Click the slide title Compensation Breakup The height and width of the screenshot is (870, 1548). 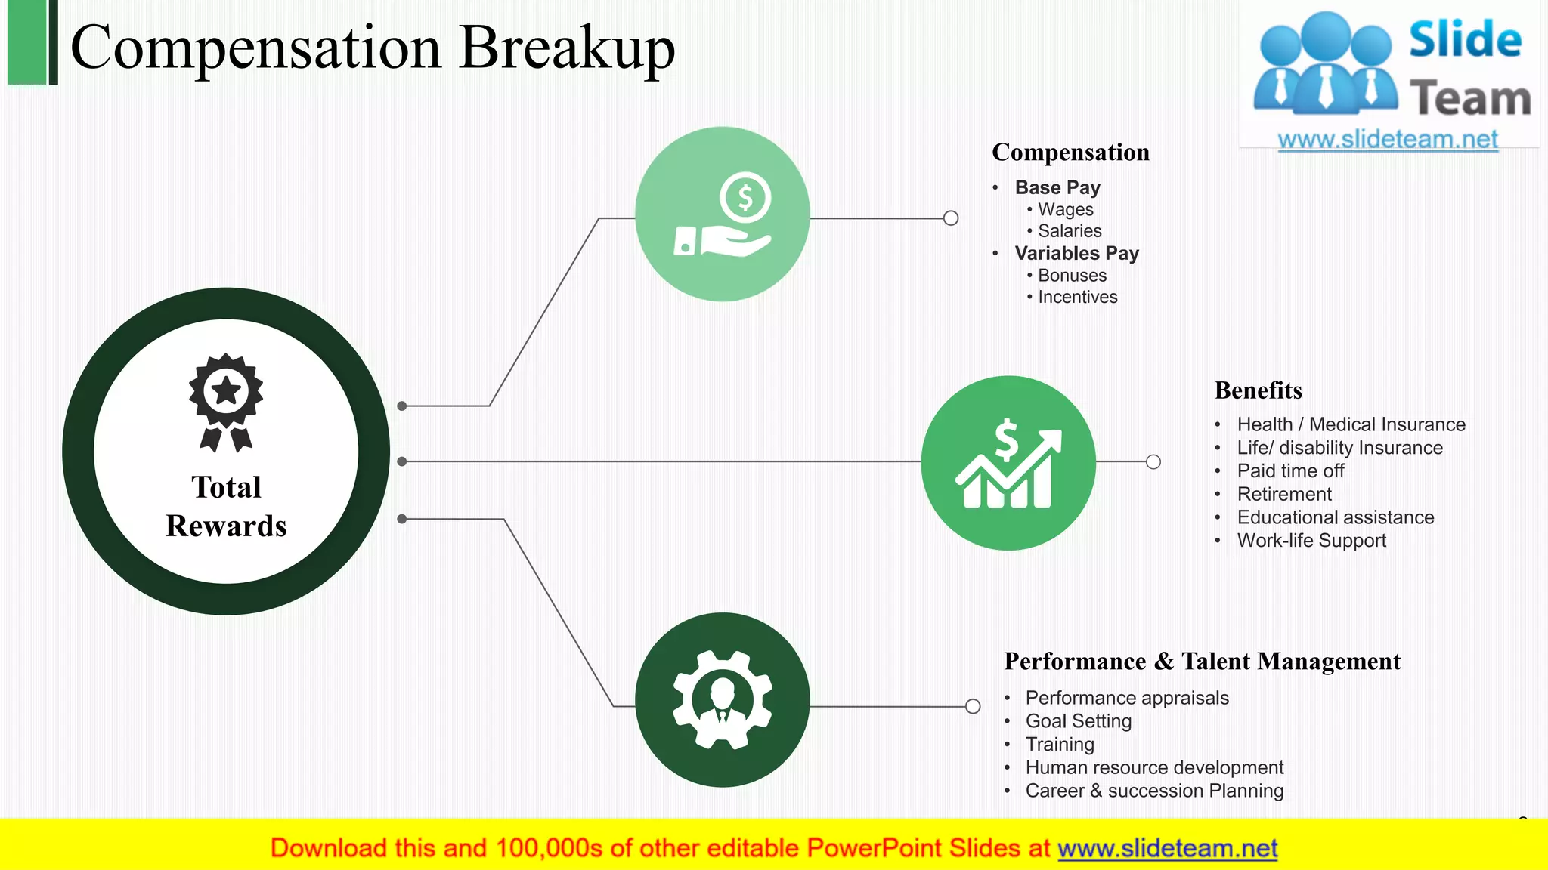pyautogui.click(x=372, y=47)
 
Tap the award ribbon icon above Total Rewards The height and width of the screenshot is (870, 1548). pyautogui.click(x=226, y=401)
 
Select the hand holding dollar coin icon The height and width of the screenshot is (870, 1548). pyautogui.click(x=723, y=215)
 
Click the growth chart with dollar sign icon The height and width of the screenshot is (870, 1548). pyautogui.click(x=1008, y=463)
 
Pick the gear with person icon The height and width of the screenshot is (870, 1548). pyautogui.click(x=723, y=700)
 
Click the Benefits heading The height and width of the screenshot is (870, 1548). pyautogui.click(x=1258, y=390)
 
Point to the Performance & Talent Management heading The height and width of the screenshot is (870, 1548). pyautogui.click(x=1202, y=662)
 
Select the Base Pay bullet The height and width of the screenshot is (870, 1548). pyautogui.click(x=1057, y=187)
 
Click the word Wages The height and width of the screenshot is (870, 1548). pyautogui.click(x=1065, y=209)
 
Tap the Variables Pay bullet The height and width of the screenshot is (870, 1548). pyautogui.click(x=1076, y=253)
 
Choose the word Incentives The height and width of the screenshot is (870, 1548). pyautogui.click(x=1077, y=297)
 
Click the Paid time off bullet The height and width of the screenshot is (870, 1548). pyautogui.click(x=1290, y=470)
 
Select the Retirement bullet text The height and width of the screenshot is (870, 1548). pyautogui.click(x=1284, y=494)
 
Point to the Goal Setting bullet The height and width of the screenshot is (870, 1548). pyautogui.click(x=1078, y=721)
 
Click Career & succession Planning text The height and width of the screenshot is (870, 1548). pyautogui.click(x=1154, y=791)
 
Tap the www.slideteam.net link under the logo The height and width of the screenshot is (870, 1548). pyautogui.click(x=1388, y=139)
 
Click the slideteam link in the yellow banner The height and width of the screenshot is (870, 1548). pyautogui.click(x=1167, y=848)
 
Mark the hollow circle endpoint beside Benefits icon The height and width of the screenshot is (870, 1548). pyautogui.click(x=1153, y=461)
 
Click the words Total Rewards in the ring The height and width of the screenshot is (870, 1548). pyautogui.click(x=226, y=506)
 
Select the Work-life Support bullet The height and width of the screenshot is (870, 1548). pyautogui.click(x=1311, y=541)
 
